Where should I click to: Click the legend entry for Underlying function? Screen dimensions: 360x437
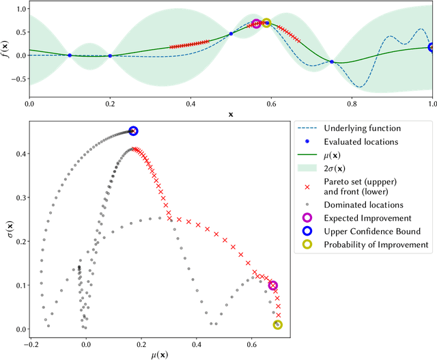coord(362,128)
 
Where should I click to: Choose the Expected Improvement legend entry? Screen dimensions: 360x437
coord(368,217)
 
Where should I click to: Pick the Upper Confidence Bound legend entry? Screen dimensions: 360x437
coord(372,231)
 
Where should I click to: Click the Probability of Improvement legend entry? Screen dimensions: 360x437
coord(376,245)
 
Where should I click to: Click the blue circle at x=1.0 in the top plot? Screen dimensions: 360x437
coord(432,47)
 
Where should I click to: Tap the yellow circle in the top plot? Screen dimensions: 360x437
coord(266,23)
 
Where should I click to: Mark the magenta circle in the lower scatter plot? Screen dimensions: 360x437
coord(273,286)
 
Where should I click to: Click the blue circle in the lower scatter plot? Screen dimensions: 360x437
coord(133,131)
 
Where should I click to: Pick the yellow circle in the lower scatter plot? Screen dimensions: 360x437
coord(278,325)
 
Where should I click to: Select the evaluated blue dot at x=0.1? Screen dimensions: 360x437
coord(69,55)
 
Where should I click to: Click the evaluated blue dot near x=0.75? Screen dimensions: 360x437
coord(332,62)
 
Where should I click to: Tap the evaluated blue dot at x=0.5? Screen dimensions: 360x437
coord(231,33)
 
